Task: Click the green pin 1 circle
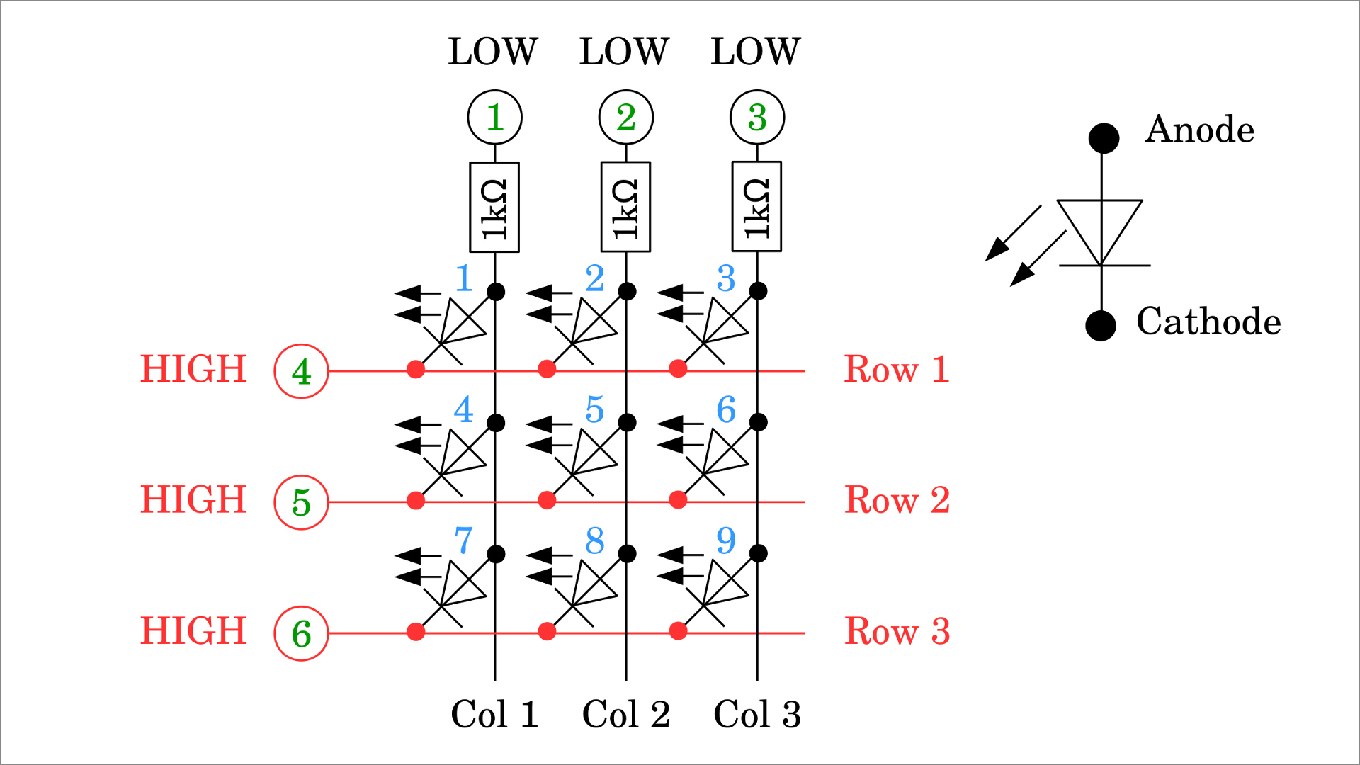coord(494,117)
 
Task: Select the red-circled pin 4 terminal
coord(301,371)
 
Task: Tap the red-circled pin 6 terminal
coord(301,633)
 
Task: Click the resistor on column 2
coord(625,207)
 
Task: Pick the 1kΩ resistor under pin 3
coord(756,207)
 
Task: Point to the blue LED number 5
coord(595,409)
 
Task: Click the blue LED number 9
coord(726,540)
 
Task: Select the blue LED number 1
coord(464,278)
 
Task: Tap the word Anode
coord(1199,130)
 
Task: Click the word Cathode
coord(1208,322)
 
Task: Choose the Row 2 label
coord(897,500)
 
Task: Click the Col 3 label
coord(757,714)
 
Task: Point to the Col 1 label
coord(494,714)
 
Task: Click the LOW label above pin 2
coord(624,52)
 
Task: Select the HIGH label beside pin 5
coord(193,499)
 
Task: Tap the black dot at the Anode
coord(1104,138)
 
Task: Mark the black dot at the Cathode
coord(1101,326)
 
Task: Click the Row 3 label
coord(897,631)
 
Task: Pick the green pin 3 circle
coord(756,117)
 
